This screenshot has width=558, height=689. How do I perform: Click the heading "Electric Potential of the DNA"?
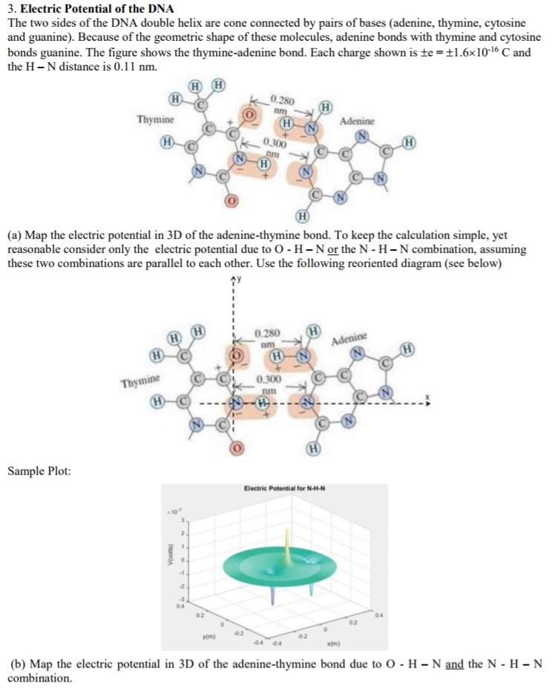[96, 8]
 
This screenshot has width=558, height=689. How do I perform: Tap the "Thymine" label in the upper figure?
[155, 120]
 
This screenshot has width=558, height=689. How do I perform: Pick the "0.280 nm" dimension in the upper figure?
[283, 105]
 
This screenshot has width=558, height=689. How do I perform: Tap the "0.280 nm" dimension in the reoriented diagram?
[269, 339]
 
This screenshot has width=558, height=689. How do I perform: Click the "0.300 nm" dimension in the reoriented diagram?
[268, 383]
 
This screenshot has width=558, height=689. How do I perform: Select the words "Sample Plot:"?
[39, 471]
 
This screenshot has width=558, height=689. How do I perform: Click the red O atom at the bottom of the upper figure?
[231, 201]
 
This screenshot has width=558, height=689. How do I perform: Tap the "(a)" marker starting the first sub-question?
[15, 237]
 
